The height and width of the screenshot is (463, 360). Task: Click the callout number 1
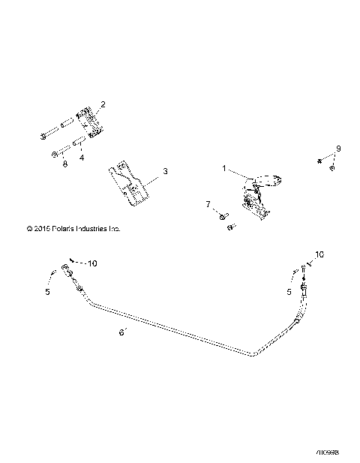pos(223,168)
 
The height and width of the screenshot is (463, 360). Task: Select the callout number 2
pos(103,105)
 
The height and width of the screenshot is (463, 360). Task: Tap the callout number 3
pos(165,172)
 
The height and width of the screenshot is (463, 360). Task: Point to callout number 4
pos(82,158)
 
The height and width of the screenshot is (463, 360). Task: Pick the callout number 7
pos(208,203)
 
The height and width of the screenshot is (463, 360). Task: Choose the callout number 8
pos(65,163)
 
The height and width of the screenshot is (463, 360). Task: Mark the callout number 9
pos(337,149)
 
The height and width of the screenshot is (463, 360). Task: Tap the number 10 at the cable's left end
pos(93,263)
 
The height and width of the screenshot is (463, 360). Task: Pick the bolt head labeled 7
pos(223,216)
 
